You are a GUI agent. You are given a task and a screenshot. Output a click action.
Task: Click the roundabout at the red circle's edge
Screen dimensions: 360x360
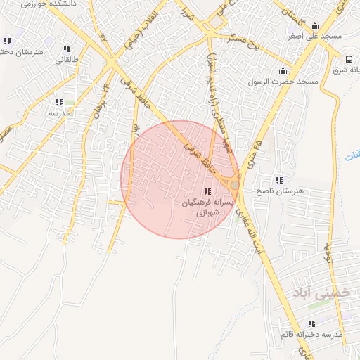point(233,184)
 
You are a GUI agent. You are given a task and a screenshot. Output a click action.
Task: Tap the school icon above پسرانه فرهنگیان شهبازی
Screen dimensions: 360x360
point(207,191)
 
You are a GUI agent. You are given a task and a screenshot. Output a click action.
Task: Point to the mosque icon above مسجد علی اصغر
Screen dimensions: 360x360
point(311,23)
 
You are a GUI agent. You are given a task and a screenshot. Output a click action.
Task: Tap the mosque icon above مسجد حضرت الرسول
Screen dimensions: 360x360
point(283,70)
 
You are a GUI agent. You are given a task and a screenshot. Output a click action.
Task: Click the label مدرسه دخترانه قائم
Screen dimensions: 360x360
point(310,335)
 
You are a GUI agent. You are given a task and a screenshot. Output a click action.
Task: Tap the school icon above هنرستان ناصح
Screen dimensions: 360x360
point(280,180)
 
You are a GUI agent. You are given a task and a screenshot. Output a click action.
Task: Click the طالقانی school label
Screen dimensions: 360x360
point(67,60)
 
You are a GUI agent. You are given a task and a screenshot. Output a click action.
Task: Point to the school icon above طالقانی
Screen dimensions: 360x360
point(67,49)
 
